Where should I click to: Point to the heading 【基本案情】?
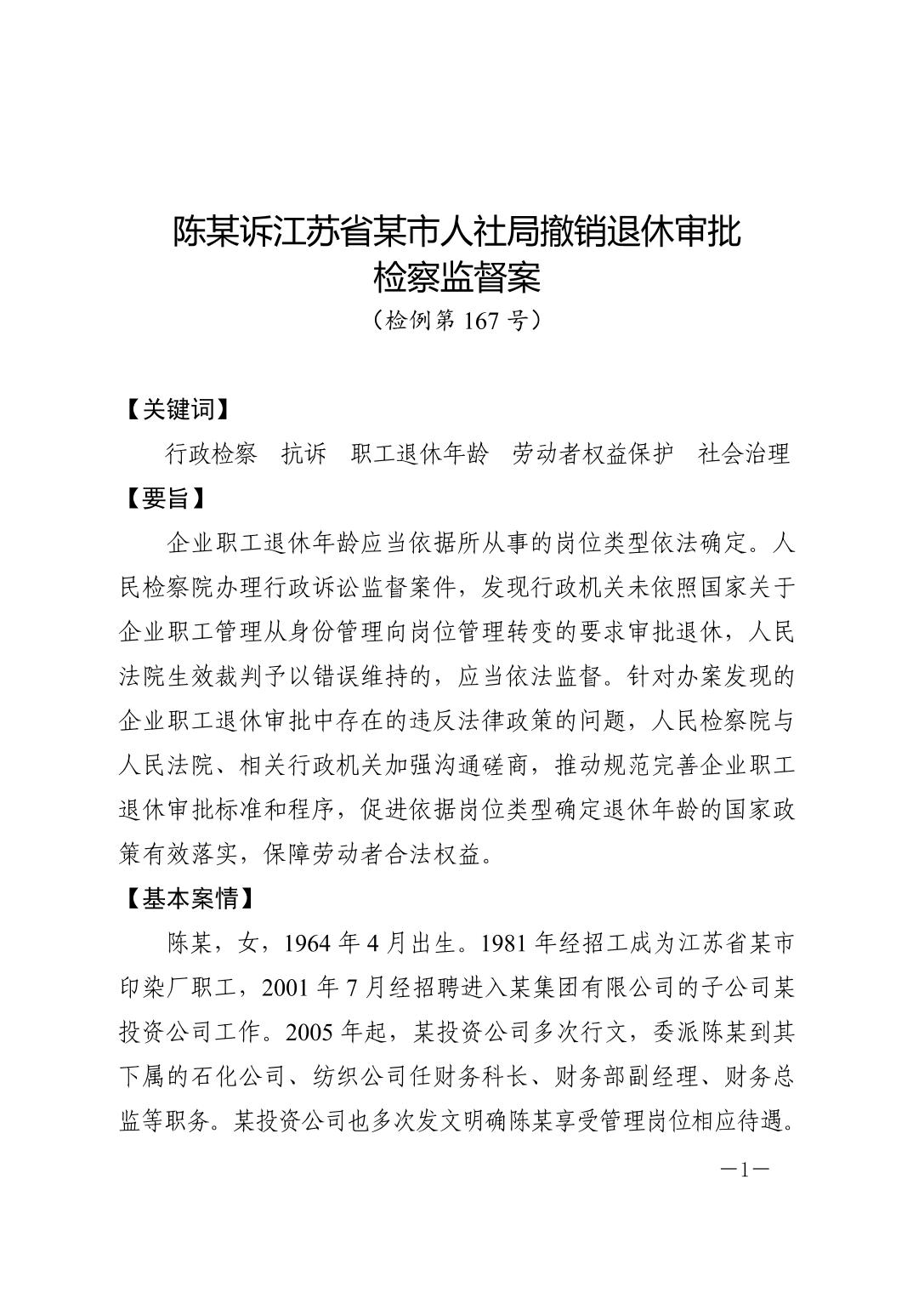click(x=188, y=898)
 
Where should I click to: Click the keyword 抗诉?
click(x=303, y=454)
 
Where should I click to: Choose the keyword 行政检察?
click(x=211, y=454)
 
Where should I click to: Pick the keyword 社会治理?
click(x=744, y=454)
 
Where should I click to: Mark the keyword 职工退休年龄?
click(x=420, y=454)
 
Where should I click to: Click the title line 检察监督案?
click(x=457, y=276)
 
